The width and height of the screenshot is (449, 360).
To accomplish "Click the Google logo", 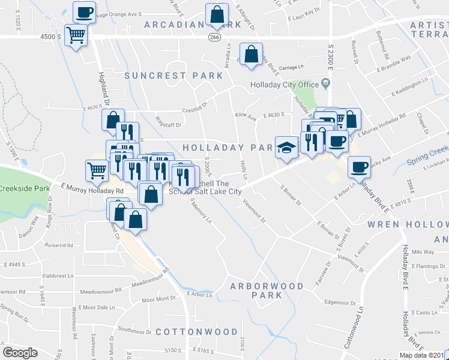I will pos(20,352).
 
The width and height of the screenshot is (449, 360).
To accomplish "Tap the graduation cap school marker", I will pos(287,146).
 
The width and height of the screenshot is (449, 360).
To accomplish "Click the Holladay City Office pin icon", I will pos(326,85).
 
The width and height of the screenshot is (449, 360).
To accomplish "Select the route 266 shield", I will pos(214,37).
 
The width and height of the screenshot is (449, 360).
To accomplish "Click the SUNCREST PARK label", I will pos(173,76).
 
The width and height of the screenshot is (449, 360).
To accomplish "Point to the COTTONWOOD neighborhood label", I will pos(197,332).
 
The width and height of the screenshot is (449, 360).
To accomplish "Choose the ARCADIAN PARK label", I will pos(193,25).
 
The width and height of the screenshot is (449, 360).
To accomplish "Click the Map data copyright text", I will pos(424,355).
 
